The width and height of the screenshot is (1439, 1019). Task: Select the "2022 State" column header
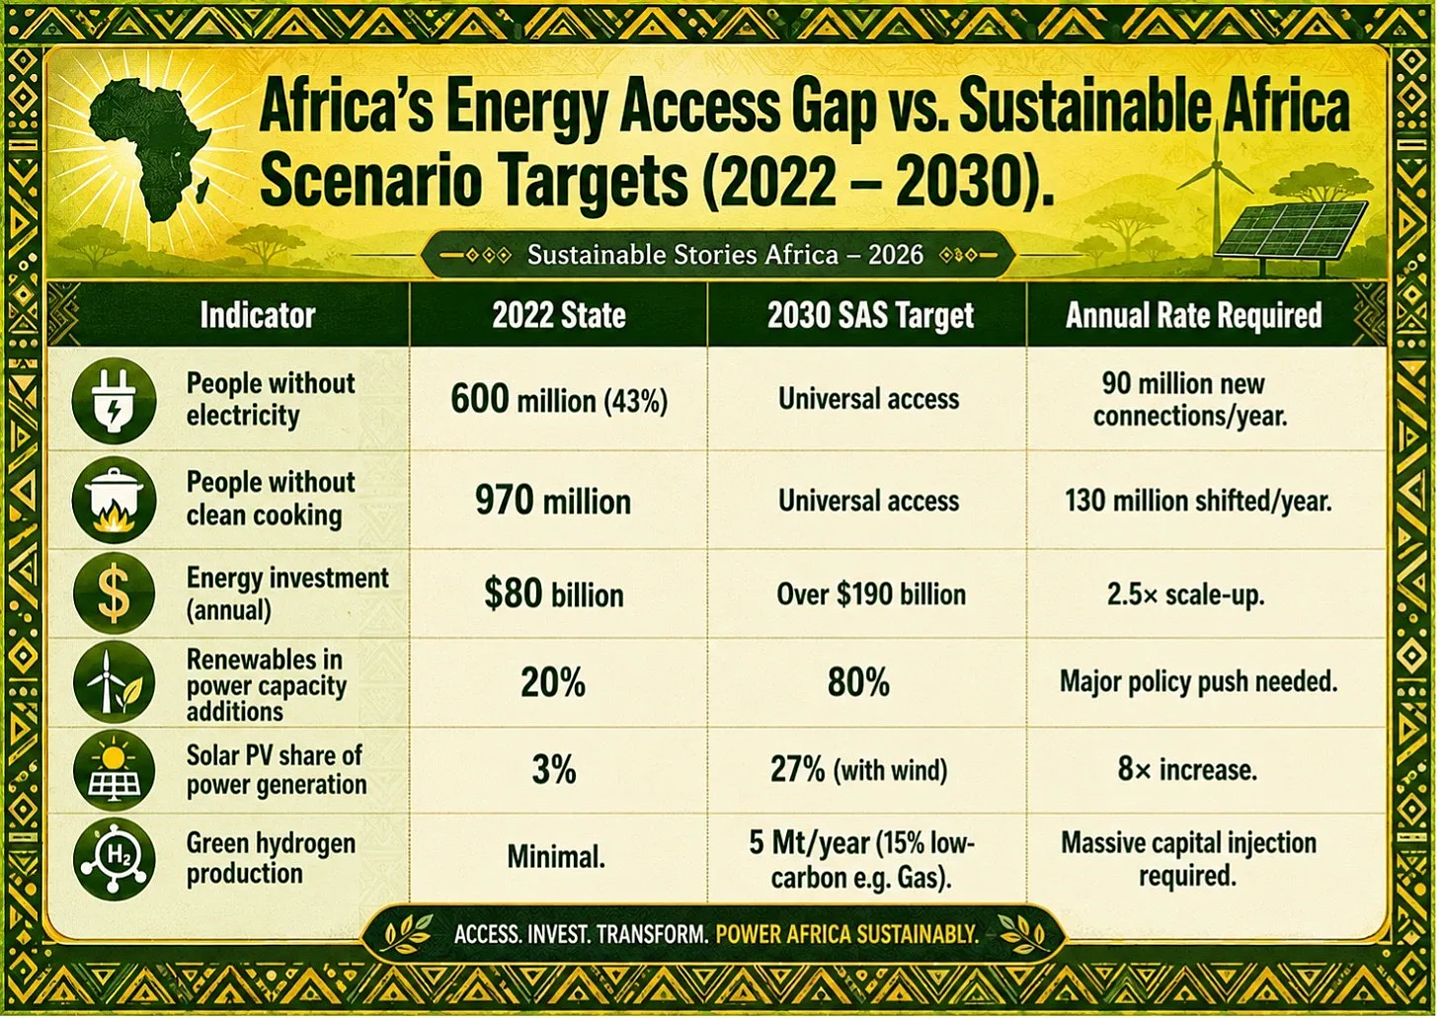[x=559, y=315]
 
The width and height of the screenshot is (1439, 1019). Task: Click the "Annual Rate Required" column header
[x=1194, y=315]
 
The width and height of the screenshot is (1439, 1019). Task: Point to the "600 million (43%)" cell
[x=559, y=399]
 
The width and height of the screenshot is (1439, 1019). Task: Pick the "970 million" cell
[x=553, y=501]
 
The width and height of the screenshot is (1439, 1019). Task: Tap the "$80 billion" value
[x=554, y=593]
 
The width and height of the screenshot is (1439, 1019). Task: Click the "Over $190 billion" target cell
[x=871, y=594]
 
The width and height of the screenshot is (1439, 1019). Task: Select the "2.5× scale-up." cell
[x=1186, y=594]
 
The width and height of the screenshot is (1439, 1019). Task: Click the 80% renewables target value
[x=858, y=682]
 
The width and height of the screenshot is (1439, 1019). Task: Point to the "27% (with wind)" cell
[x=859, y=769]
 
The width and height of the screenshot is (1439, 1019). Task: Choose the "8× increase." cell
[x=1187, y=768]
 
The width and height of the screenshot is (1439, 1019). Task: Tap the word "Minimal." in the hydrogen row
[x=556, y=856]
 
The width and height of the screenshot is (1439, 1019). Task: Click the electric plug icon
[x=115, y=401]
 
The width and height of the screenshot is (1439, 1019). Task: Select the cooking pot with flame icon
[x=115, y=501]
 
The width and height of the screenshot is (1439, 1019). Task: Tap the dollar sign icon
[x=115, y=594]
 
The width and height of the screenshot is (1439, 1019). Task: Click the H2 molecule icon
[x=115, y=858]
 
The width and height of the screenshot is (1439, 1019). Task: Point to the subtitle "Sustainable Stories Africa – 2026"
[x=725, y=255]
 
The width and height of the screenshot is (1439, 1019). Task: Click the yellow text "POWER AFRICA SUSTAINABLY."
[x=846, y=934]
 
